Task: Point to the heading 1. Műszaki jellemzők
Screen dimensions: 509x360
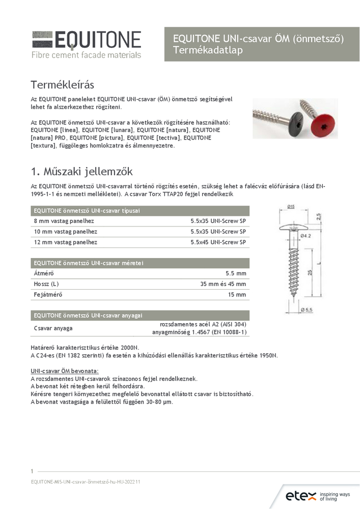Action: (81, 171)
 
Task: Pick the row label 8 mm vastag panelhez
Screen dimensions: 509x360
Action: (64, 221)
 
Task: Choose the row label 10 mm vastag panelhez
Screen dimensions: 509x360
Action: (66, 232)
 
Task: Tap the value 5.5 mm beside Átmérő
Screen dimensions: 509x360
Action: (235, 273)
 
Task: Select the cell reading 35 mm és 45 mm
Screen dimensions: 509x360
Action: (222, 284)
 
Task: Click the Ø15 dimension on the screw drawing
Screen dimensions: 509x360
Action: (291, 206)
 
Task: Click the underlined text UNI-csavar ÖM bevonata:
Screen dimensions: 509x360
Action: (65, 371)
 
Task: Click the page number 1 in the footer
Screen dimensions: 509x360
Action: (32, 471)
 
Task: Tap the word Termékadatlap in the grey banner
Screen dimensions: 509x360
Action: (208, 50)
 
